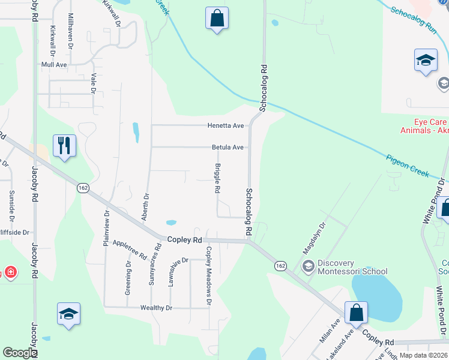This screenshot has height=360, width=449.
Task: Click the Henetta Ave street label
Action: (226, 125)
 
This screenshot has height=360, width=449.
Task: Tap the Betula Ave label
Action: (228, 147)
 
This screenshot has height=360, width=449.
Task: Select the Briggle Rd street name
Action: (217, 178)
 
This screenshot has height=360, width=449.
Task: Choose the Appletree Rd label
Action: (130, 248)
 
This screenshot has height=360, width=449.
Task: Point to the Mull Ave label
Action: (53, 64)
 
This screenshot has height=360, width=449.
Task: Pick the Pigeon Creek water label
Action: (408, 166)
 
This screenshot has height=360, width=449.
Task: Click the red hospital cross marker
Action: (10, 273)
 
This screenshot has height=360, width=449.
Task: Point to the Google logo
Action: (20, 353)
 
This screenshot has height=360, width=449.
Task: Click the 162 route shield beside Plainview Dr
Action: (83, 188)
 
